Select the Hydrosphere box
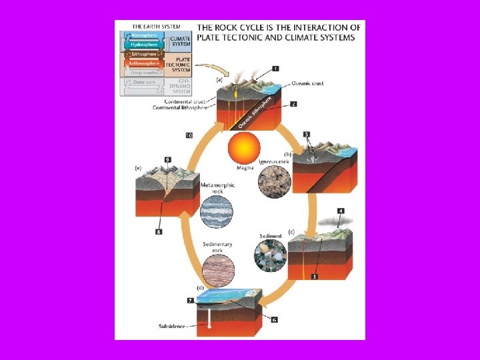coord(145,44)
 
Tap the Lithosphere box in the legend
coord(145,53)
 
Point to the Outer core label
coord(145,82)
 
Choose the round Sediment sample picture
coord(270,256)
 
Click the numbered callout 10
coord(189,135)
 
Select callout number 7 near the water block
coord(190,301)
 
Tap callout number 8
coord(159,232)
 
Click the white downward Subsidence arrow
coord(210,318)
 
